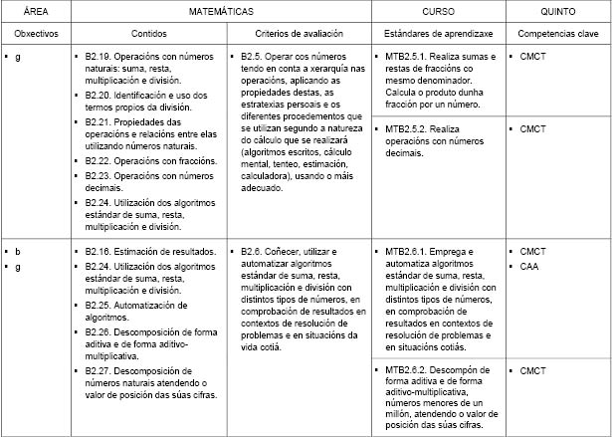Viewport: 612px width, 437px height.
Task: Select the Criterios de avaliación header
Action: pyautogui.click(x=299, y=34)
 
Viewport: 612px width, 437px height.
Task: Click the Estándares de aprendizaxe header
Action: pyautogui.click(x=437, y=34)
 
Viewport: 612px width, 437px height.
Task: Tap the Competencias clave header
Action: pyautogui.click(x=557, y=34)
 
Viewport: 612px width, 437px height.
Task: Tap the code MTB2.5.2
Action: pyautogui.click(x=405, y=128)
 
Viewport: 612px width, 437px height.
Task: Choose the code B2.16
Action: pyautogui.click(x=100, y=252)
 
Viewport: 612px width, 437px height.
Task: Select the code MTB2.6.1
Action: pyautogui.click(x=405, y=252)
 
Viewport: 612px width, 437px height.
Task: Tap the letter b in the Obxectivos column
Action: pyautogui.click(x=18, y=252)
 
